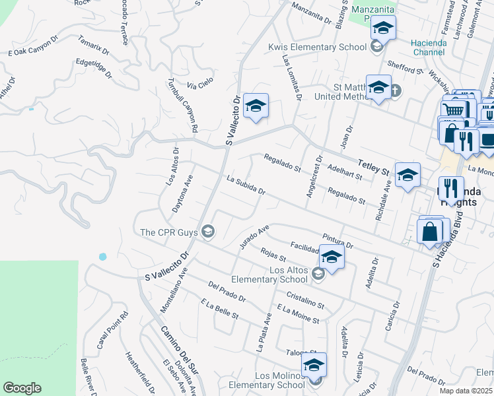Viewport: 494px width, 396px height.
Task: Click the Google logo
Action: pyautogui.click(x=22, y=388)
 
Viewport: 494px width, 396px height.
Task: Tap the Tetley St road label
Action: pyautogui.click(x=373, y=167)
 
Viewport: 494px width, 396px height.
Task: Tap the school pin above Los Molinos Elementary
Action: pyautogui.click(x=314, y=364)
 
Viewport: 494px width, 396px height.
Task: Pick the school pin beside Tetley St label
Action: pyautogui.click(x=407, y=175)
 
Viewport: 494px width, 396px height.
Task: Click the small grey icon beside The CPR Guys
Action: pyautogui.click(x=208, y=230)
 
